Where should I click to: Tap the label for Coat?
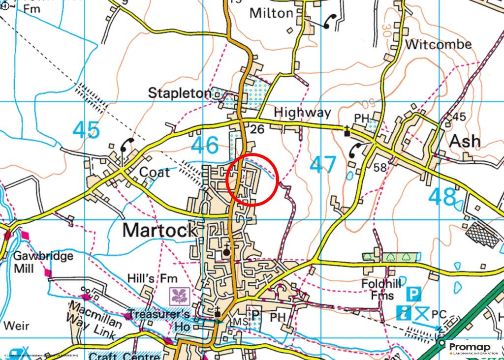click(x=155, y=173)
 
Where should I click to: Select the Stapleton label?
click(x=179, y=92)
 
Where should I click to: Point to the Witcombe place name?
click(x=438, y=44)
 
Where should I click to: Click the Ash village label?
click(x=465, y=142)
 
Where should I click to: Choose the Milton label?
click(x=271, y=13)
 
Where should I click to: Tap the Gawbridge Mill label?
click(x=43, y=262)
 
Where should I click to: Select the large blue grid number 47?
click(x=323, y=165)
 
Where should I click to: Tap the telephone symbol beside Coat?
click(x=127, y=145)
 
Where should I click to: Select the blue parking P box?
click(x=414, y=295)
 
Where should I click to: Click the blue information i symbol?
click(x=406, y=312)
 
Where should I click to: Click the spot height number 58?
click(x=380, y=168)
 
